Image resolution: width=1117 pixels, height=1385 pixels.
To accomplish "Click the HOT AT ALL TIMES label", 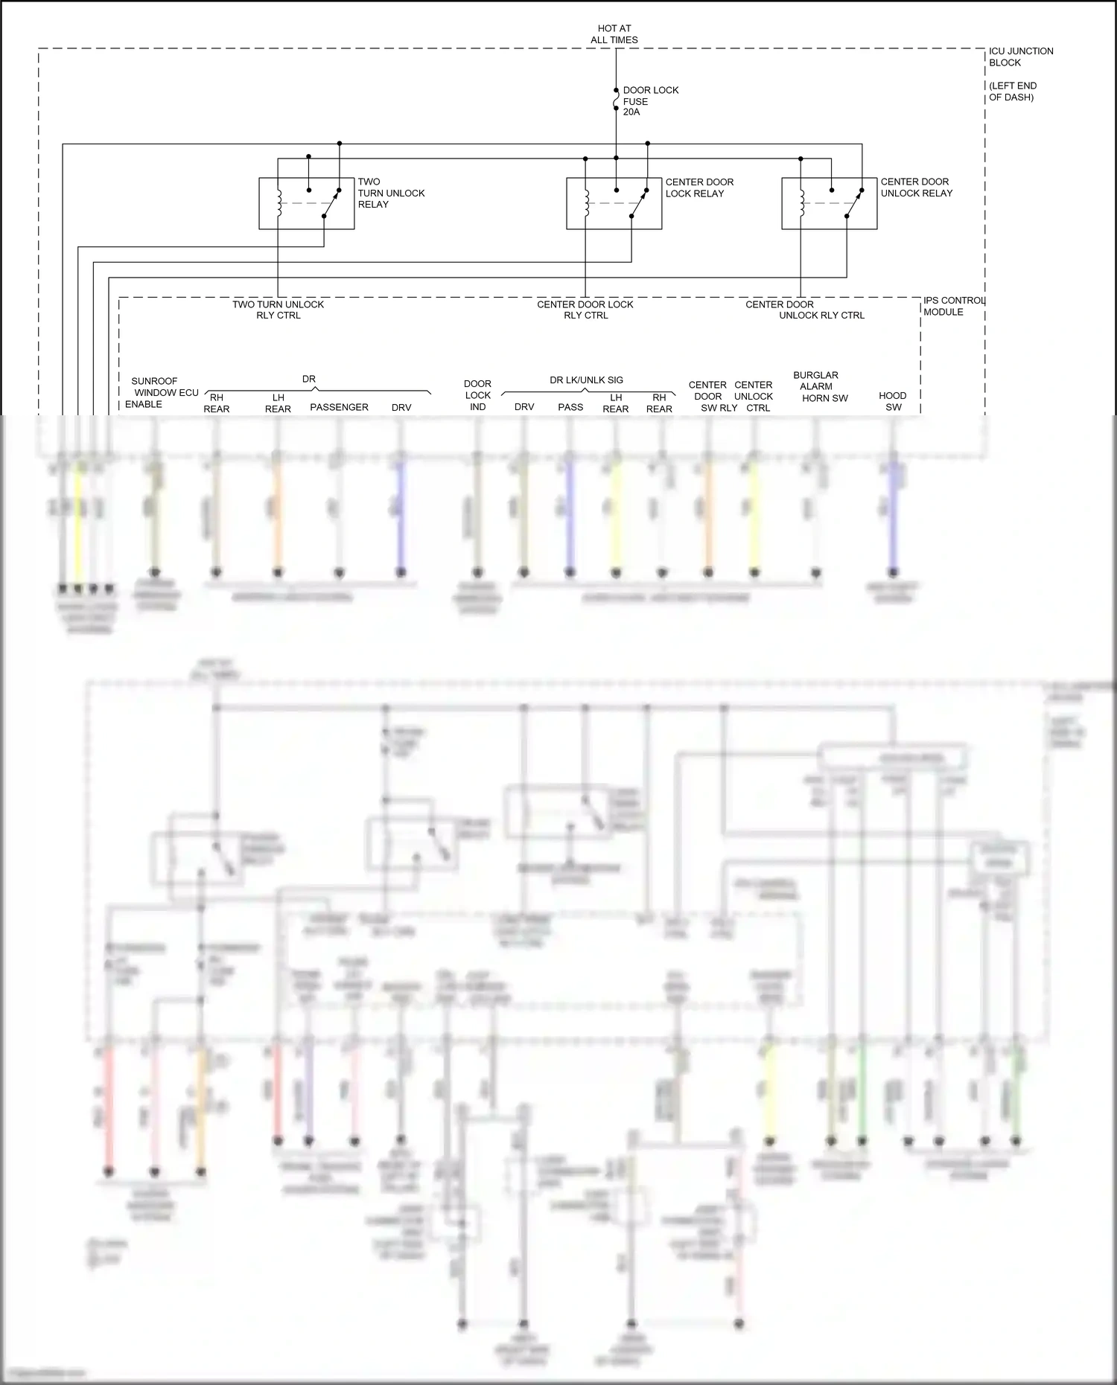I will click(x=614, y=34).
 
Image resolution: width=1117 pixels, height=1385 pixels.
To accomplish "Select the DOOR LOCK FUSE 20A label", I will click(x=649, y=101).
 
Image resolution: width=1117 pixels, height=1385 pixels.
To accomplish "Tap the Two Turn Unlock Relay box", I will click(x=306, y=203).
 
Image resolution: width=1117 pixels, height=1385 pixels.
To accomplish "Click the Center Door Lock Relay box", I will click(x=614, y=203).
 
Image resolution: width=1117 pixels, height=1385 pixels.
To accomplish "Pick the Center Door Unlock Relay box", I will click(x=829, y=203).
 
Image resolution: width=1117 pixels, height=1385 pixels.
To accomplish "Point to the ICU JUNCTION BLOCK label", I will click(x=1020, y=57).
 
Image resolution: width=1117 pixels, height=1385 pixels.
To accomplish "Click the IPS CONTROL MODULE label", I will click(x=953, y=306).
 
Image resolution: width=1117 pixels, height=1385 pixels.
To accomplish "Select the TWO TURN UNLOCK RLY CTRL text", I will click(x=278, y=310).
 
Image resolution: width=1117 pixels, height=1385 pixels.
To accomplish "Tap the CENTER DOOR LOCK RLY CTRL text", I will click(x=585, y=310).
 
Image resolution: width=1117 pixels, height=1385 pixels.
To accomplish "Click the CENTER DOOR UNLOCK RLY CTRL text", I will click(x=804, y=310).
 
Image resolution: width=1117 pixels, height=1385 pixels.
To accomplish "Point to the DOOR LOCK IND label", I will click(x=477, y=395).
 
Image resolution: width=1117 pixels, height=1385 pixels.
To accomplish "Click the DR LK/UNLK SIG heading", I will click(x=586, y=380).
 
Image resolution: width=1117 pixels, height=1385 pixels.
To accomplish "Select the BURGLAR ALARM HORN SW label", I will click(x=819, y=386).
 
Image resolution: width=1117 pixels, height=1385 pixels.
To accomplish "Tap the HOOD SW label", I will click(x=893, y=401).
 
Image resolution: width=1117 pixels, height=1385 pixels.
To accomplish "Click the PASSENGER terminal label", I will click(x=339, y=407).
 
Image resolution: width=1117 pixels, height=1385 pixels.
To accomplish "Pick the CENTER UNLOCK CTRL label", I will click(x=754, y=396).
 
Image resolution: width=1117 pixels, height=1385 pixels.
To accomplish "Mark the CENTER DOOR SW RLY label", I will click(x=710, y=396).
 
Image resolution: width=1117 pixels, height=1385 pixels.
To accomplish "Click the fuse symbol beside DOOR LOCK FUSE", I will click(x=616, y=99).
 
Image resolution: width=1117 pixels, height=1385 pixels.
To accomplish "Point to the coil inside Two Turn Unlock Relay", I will click(x=279, y=203).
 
